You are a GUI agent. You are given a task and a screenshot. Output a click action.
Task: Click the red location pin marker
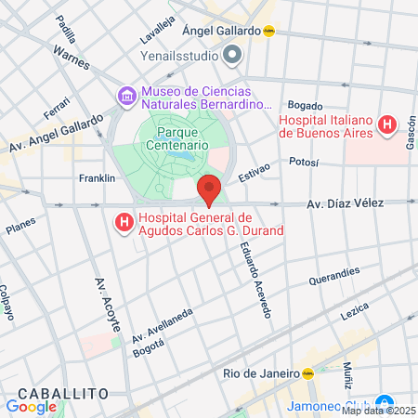(209, 189)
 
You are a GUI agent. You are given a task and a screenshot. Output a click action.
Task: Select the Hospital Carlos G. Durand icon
(122, 223)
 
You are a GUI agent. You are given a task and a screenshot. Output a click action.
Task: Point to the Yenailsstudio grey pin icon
(232, 55)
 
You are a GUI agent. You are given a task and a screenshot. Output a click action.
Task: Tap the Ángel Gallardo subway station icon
(269, 30)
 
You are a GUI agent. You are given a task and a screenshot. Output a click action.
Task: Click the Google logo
(31, 406)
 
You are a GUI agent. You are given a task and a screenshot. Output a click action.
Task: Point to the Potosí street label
(303, 162)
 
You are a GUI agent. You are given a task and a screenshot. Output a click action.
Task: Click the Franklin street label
(97, 177)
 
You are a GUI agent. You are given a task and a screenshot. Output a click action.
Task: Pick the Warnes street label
(72, 63)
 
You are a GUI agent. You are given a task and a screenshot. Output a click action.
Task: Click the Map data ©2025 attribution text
(379, 411)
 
